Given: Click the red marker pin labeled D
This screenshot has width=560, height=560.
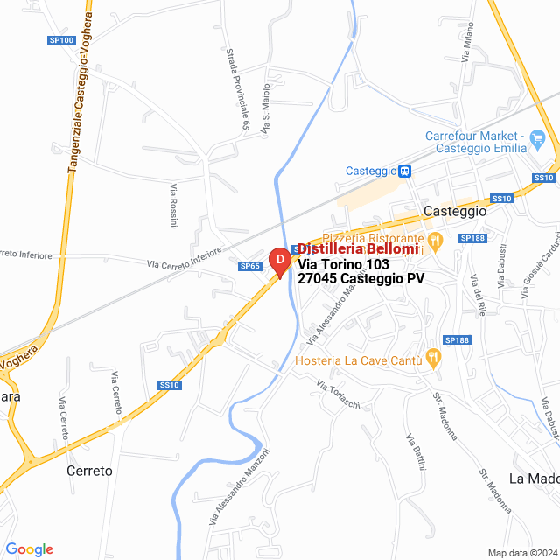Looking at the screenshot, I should [278, 262].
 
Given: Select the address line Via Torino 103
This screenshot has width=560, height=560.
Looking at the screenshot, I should [343, 264].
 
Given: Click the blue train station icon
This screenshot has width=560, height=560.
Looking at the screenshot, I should [405, 171].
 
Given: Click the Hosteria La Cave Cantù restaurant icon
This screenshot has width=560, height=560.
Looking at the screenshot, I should [431, 357].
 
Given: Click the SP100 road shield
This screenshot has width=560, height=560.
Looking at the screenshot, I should [60, 41].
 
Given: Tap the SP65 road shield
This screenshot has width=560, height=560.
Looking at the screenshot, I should [250, 266].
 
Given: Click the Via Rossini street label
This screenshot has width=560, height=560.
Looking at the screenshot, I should [174, 206].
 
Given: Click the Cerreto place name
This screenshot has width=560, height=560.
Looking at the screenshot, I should [89, 470].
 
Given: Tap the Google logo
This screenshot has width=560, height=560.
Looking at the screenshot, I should [29, 549].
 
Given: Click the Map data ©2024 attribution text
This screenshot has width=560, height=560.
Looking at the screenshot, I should [521, 553].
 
